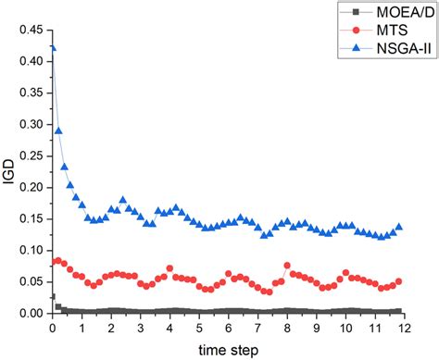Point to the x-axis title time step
[228, 349]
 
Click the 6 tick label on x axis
[228, 328]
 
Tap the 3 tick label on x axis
[140, 328]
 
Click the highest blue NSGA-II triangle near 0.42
[53, 48]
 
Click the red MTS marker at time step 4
[169, 268]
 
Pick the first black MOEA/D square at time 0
[53, 297]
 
